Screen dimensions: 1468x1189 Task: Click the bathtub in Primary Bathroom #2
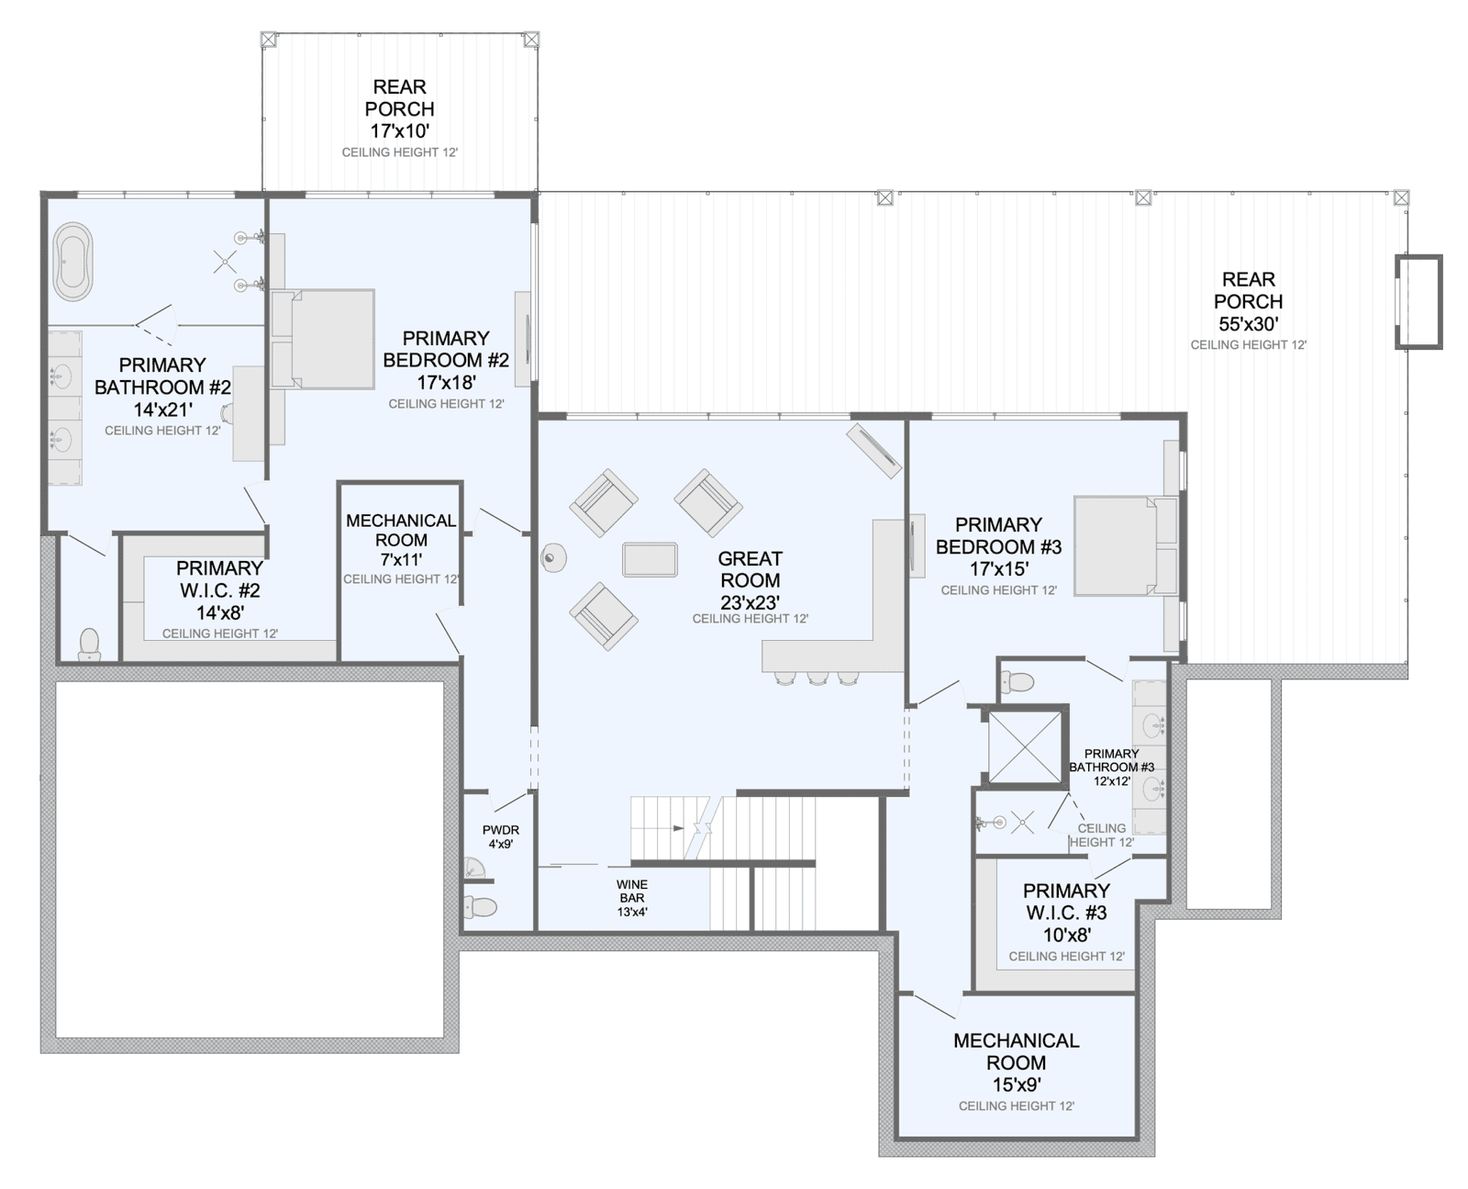click(x=73, y=262)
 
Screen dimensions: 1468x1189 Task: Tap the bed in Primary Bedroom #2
click(x=323, y=340)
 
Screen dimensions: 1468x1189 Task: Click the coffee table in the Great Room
click(x=650, y=559)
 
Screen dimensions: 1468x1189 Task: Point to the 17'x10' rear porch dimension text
click(x=400, y=130)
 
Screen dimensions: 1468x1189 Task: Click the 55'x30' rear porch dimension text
click(x=1248, y=323)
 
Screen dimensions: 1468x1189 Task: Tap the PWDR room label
click(x=501, y=830)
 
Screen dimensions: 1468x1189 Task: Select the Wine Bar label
click(x=632, y=891)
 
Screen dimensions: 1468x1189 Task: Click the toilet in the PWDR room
click(x=481, y=907)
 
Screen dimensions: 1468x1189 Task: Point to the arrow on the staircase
click(x=679, y=827)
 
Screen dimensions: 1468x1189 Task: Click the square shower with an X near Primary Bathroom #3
click(x=1025, y=747)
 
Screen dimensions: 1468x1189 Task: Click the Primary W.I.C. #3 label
click(x=1066, y=913)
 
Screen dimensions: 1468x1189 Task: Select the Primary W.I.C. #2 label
click(x=220, y=589)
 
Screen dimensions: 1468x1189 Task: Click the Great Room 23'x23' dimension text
click(x=750, y=602)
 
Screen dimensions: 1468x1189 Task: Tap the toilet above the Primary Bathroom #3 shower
click(x=1018, y=682)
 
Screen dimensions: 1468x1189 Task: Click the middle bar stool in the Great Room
click(x=817, y=678)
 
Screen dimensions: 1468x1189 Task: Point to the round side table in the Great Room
click(x=553, y=557)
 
